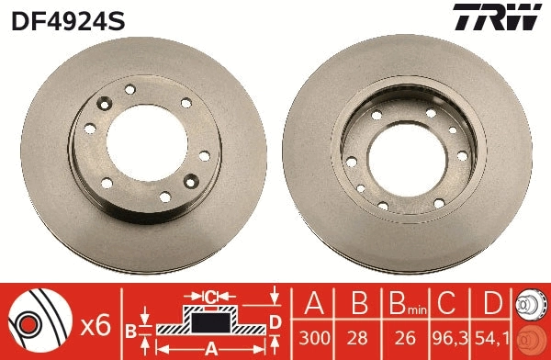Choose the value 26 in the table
tap(401, 339)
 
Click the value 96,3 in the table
tap(449, 339)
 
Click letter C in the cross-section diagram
tap(210, 297)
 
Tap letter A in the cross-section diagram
tap(210, 348)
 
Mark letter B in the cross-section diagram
tap(131, 330)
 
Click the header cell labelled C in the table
tap(449, 302)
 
